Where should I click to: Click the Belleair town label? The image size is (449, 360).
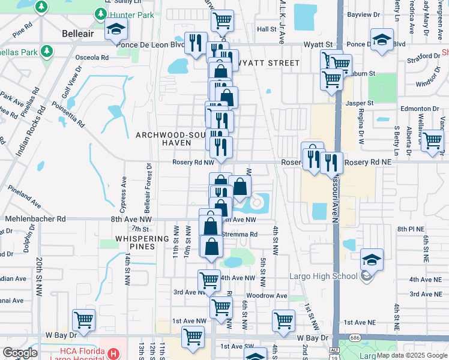click(x=78, y=34)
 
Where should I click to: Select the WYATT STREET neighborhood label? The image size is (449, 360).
click(x=269, y=63)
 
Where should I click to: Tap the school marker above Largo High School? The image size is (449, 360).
click(x=372, y=259)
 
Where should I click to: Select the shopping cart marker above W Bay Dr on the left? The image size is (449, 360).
click(x=83, y=320)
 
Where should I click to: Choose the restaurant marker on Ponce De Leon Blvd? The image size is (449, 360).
click(x=196, y=43)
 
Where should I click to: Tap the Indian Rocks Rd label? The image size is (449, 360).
click(x=32, y=132)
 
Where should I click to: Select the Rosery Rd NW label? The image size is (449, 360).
click(x=193, y=162)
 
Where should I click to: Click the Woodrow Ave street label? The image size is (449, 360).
click(x=267, y=296)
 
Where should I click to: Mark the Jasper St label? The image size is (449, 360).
click(x=360, y=103)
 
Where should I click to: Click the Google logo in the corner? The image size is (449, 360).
click(x=20, y=353)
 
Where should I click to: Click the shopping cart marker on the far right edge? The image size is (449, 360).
click(x=432, y=142)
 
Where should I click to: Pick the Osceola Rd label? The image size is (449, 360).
click(x=92, y=58)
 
